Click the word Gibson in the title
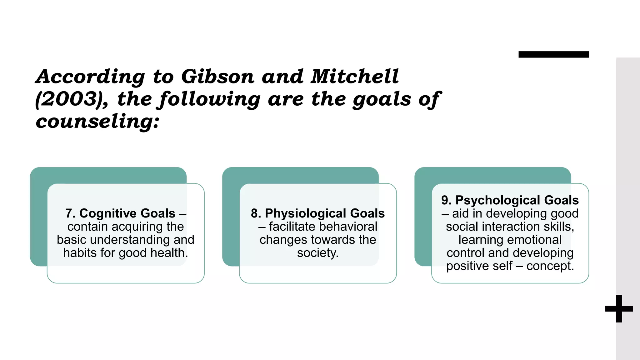[x=217, y=77]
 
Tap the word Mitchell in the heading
[x=354, y=77]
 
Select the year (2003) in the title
[x=71, y=99]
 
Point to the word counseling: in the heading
[x=97, y=122]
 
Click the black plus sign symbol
[x=619, y=309]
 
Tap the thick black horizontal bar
[x=553, y=55]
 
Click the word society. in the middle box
[x=318, y=253]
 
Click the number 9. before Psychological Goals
[x=446, y=200]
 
